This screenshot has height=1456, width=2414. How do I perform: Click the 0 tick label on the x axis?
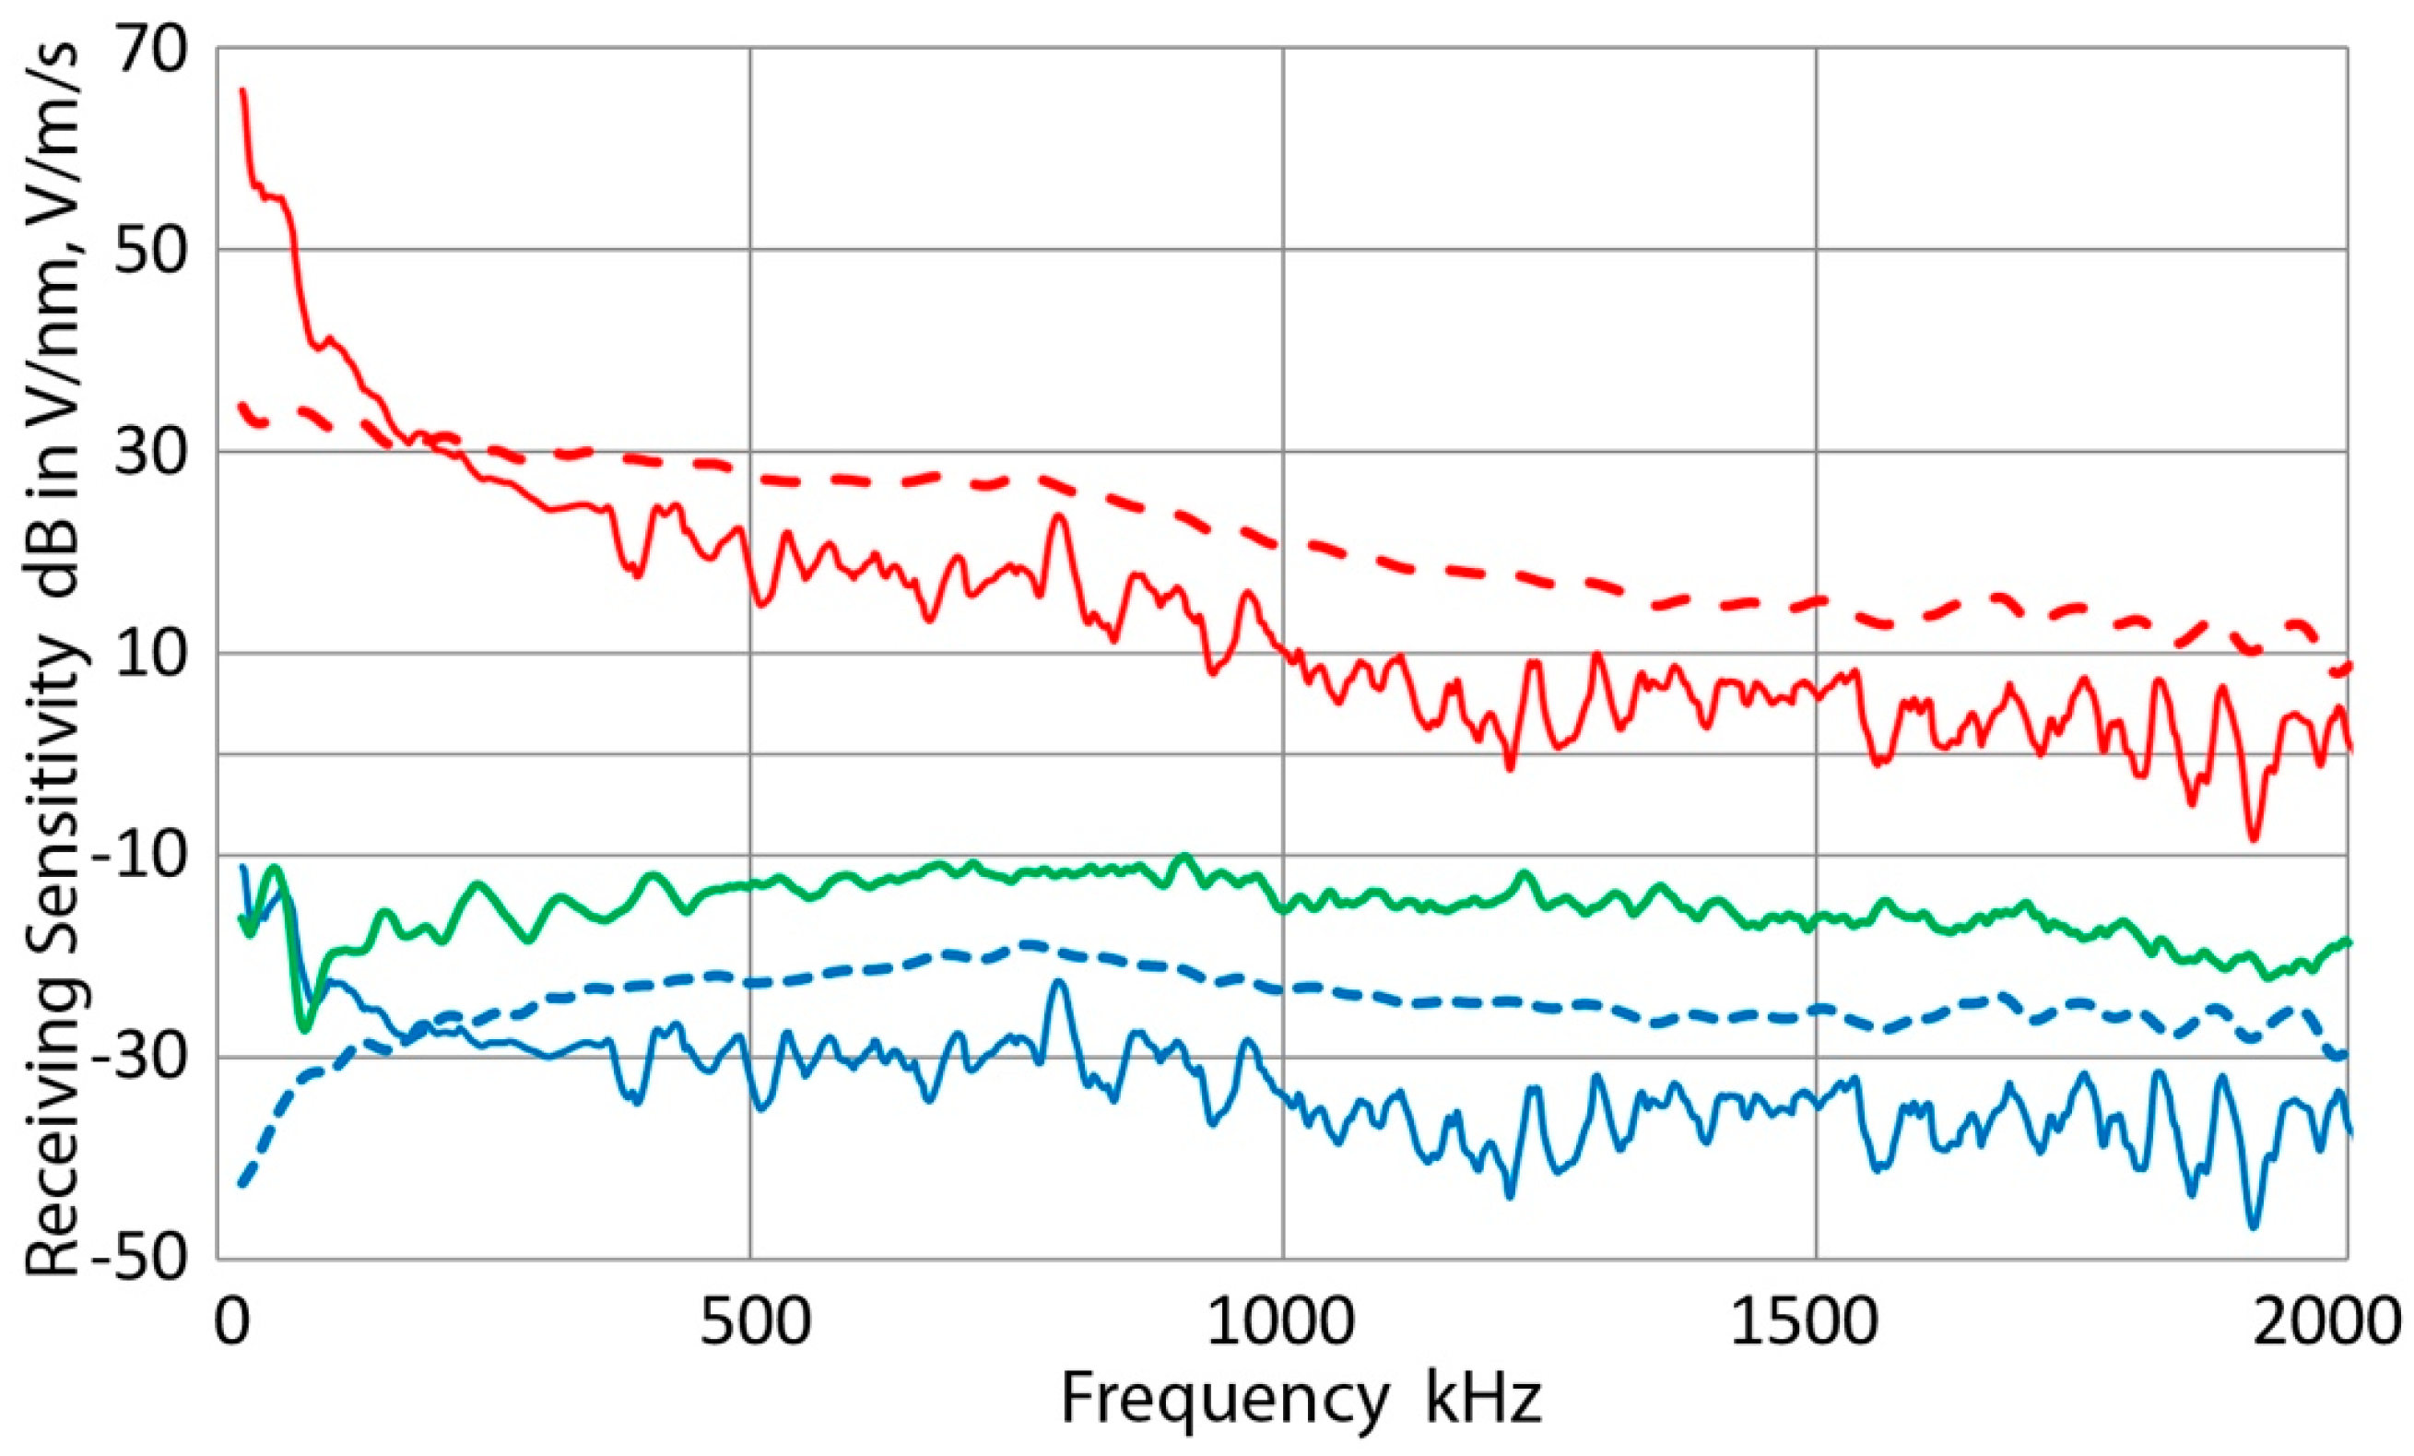[x=231, y=1321]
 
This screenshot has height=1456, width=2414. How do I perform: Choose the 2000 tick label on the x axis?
[x=2337, y=1321]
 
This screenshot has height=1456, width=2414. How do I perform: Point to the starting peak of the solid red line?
[x=243, y=91]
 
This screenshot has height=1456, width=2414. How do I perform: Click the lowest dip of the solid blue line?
[x=2254, y=1225]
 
